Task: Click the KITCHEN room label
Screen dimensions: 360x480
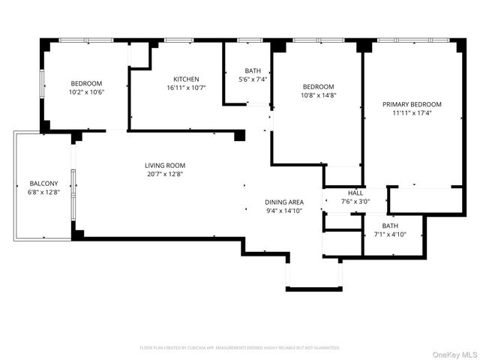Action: click(x=186, y=79)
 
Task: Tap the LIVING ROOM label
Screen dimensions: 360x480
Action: click(x=165, y=166)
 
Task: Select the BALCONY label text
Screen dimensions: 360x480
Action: click(x=43, y=183)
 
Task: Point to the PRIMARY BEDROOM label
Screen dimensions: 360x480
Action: click(x=412, y=104)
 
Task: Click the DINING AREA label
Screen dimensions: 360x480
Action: click(x=284, y=202)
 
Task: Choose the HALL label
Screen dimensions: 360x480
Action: click(x=355, y=192)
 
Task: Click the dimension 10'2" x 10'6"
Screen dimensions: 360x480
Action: click(x=86, y=91)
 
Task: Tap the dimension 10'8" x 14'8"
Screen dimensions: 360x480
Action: click(x=318, y=95)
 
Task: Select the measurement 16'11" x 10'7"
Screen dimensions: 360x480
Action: click(x=186, y=88)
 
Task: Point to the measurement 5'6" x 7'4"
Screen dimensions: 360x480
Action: click(x=253, y=79)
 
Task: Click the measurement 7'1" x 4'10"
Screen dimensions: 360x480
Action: click(x=390, y=235)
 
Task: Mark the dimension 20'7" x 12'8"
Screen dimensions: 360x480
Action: click(x=165, y=174)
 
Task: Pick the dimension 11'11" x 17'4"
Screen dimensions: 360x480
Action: click(x=412, y=113)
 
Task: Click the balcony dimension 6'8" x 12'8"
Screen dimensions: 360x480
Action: click(x=43, y=192)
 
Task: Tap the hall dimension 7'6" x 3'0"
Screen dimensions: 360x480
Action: click(x=355, y=200)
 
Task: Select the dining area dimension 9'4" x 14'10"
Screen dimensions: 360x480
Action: click(x=284, y=211)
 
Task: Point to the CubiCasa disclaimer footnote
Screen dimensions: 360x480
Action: click(x=240, y=348)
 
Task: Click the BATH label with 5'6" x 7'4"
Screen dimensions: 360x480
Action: click(x=253, y=70)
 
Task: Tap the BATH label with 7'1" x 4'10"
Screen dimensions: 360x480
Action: click(x=390, y=226)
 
